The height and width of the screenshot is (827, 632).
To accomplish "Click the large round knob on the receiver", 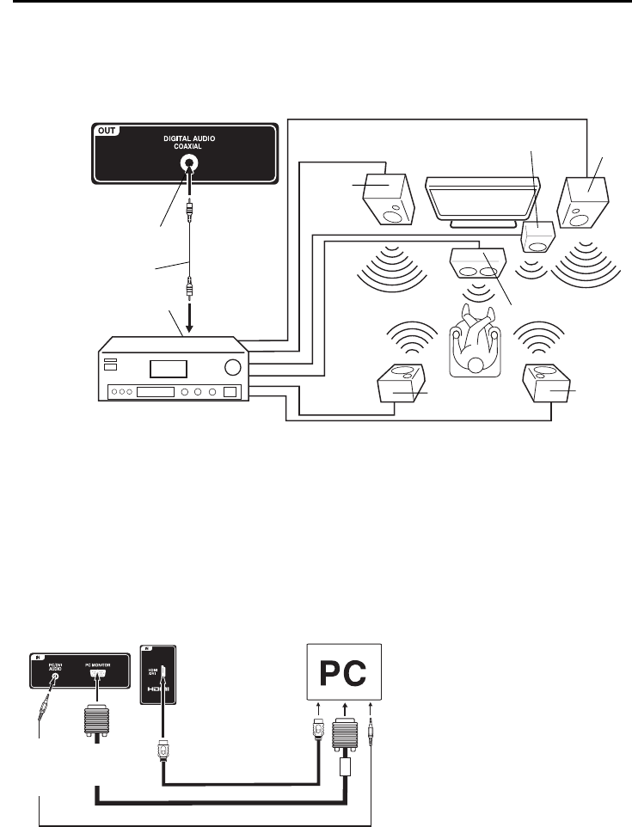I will (x=230, y=367).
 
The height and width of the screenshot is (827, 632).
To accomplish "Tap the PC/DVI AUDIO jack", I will (x=55, y=677).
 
